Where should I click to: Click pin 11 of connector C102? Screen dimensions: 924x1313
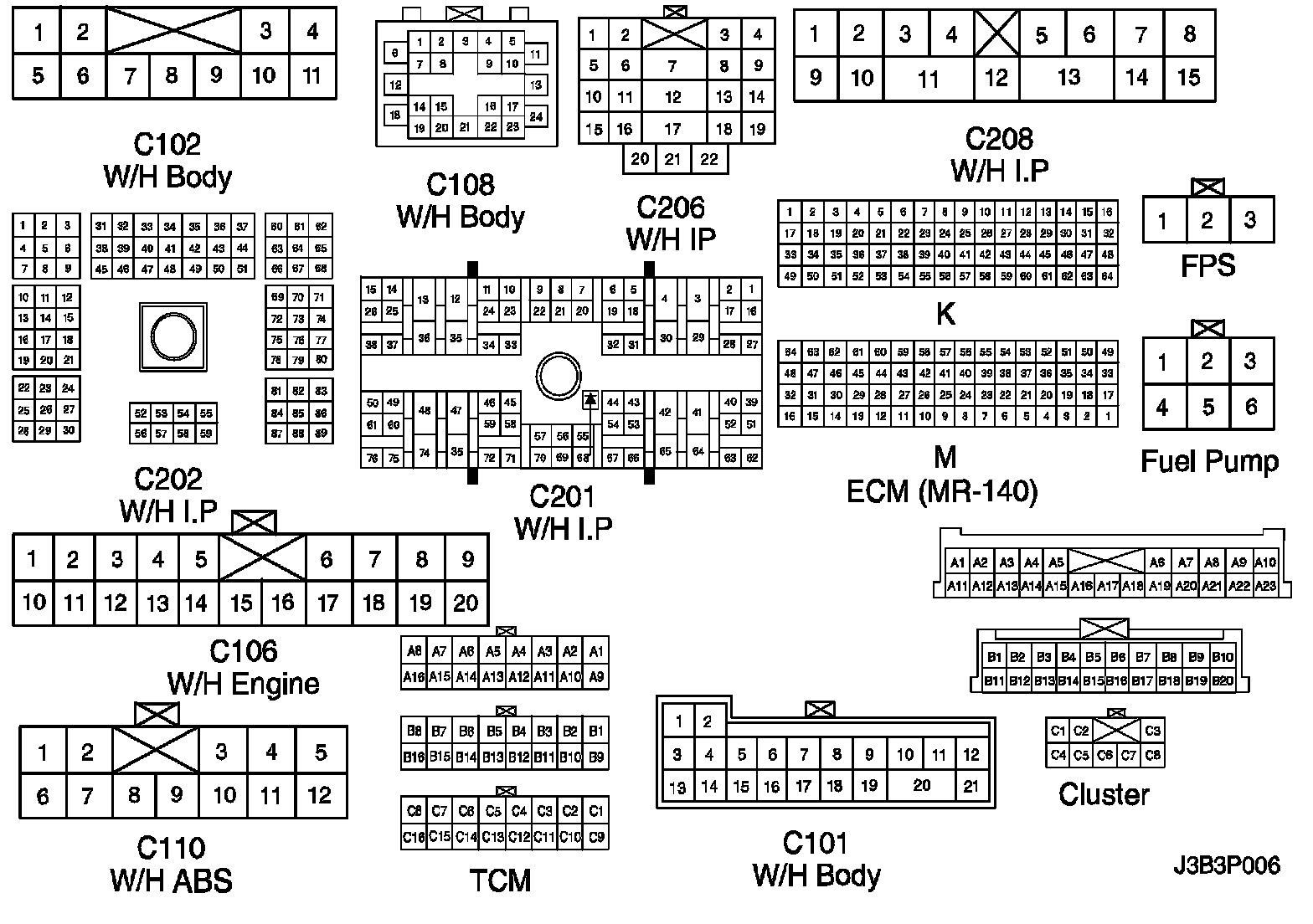click(x=312, y=75)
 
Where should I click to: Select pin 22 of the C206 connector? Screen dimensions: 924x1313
click(x=709, y=159)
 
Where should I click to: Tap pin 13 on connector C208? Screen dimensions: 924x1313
click(x=1068, y=78)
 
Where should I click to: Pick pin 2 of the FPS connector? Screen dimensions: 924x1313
click(x=1207, y=220)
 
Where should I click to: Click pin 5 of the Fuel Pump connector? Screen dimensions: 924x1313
click(x=1207, y=407)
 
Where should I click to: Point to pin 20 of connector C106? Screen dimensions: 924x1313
click(x=466, y=603)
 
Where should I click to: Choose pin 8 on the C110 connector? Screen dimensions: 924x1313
click(x=133, y=794)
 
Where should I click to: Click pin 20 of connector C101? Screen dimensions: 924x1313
click(x=921, y=785)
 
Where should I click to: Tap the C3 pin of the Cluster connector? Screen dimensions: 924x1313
click(x=1152, y=731)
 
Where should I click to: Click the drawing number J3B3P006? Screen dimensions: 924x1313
click(x=1226, y=865)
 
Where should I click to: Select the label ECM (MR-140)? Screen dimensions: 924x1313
click(x=942, y=491)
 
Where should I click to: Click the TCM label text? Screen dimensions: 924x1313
click(x=500, y=880)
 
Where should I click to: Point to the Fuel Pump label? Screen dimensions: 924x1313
click(x=1209, y=461)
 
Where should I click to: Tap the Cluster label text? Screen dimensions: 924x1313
click(x=1104, y=794)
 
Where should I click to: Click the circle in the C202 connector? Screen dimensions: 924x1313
click(x=172, y=336)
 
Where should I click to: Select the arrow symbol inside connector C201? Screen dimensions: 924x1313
click(x=590, y=400)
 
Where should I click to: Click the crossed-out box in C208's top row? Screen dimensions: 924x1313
click(x=996, y=34)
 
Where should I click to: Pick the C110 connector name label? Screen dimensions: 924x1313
click(x=171, y=848)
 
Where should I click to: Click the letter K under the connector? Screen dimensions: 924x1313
click(x=945, y=314)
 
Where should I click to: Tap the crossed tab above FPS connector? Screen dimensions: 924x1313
click(x=1207, y=187)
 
